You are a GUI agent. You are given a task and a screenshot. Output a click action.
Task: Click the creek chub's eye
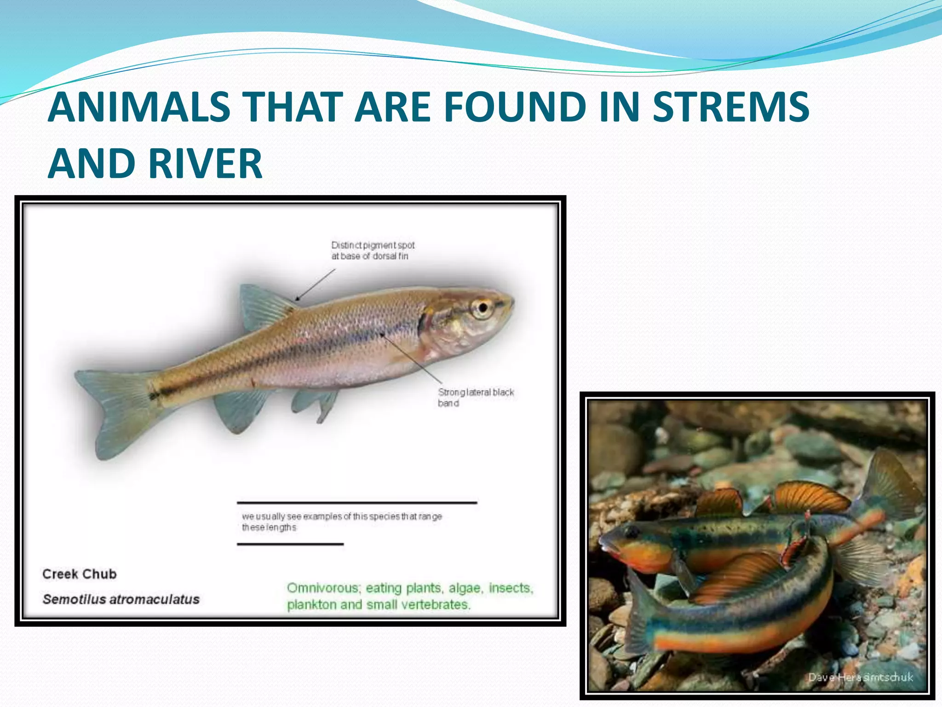[x=482, y=307]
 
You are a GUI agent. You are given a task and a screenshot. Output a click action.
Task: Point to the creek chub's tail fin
[x=115, y=410]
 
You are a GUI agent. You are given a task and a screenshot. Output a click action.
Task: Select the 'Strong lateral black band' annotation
[x=475, y=397]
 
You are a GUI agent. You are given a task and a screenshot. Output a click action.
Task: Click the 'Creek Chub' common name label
[x=80, y=574]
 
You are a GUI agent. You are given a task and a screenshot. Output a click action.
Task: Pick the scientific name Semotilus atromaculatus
[x=121, y=599]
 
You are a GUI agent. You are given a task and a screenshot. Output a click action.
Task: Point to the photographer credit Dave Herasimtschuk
[x=860, y=677]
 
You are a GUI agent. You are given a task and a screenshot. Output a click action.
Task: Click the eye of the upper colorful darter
[x=631, y=533]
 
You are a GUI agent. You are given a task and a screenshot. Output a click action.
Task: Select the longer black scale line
[x=356, y=502]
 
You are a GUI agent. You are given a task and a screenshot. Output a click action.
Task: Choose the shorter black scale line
[x=290, y=544]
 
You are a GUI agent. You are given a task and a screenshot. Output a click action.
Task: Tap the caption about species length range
[x=341, y=522]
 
